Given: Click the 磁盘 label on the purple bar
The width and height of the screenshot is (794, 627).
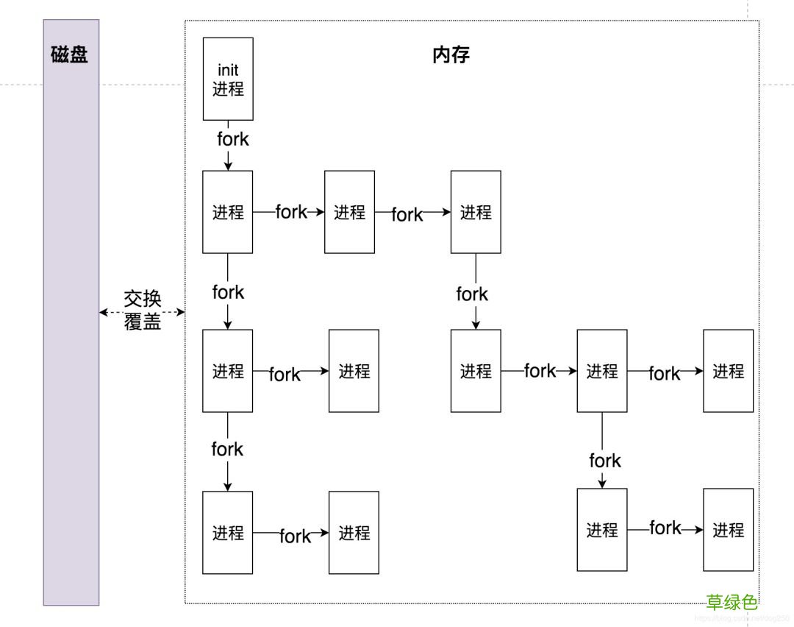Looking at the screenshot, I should [x=70, y=55].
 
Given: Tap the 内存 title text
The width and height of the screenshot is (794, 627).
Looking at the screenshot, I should [x=451, y=55].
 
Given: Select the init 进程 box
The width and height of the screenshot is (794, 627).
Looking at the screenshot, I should [x=228, y=79].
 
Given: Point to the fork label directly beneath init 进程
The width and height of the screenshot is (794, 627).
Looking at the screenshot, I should [x=232, y=139].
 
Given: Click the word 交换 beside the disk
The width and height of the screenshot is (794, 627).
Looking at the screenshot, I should [x=142, y=300].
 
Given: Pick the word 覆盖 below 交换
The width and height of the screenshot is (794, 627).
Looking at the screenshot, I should [x=142, y=322].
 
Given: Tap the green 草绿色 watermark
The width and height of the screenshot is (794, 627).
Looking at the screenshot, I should [x=732, y=602].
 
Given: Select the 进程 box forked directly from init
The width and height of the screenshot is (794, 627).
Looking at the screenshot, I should [x=228, y=212].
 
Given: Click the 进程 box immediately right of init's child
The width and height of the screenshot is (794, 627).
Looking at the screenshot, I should [x=349, y=212].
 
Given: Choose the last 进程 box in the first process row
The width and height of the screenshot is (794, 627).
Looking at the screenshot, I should [x=476, y=212].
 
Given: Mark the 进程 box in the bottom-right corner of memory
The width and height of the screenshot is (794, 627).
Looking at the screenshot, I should [x=728, y=530].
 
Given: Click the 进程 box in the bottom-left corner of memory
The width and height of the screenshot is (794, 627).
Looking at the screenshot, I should [x=228, y=533].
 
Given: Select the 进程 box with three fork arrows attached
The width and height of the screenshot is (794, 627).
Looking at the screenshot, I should [x=602, y=371].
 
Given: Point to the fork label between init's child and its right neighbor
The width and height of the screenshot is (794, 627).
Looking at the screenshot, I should [x=291, y=212].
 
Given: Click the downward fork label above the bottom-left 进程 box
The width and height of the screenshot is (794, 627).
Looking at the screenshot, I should [x=227, y=449].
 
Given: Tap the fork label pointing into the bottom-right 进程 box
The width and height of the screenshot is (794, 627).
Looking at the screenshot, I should [x=665, y=528].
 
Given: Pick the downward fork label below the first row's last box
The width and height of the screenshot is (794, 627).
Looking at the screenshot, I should [x=472, y=294].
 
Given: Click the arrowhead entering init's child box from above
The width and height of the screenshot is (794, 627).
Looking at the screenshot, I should [x=228, y=166].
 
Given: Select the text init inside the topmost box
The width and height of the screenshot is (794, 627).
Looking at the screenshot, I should [x=228, y=71].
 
